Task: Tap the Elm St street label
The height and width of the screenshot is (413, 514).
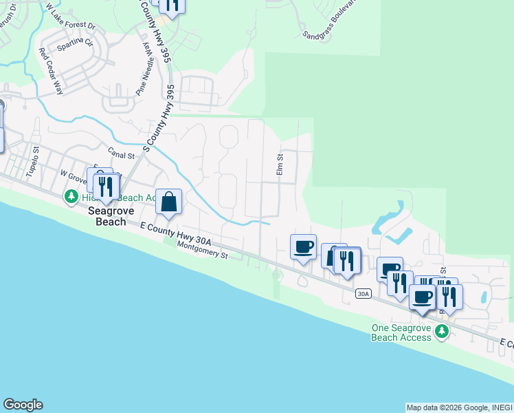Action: pos(280,164)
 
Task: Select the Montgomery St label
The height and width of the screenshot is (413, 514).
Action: pos(202,249)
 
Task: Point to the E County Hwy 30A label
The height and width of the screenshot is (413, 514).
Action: pos(175,233)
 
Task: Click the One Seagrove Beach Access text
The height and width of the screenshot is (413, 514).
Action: pos(401,332)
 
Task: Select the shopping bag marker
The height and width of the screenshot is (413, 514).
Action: pos(168,202)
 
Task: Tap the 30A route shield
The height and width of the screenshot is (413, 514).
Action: pos(364,294)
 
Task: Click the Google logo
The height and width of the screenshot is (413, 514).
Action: pos(23,405)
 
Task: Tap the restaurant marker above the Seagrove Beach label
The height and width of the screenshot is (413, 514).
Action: pos(105,187)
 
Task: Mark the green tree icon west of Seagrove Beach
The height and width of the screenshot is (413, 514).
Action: pos(71,198)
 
